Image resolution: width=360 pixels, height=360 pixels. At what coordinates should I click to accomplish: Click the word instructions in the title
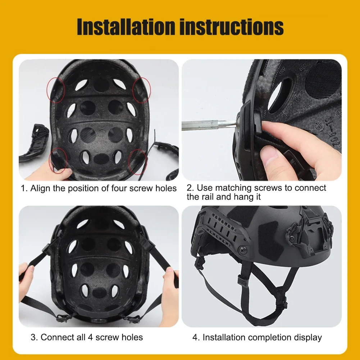pyautogui.click(x=230, y=27)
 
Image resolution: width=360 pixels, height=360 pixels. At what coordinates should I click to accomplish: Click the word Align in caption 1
pyautogui.click(x=41, y=188)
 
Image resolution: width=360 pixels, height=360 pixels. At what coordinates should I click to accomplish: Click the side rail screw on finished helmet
pyautogui.click(x=244, y=248)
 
